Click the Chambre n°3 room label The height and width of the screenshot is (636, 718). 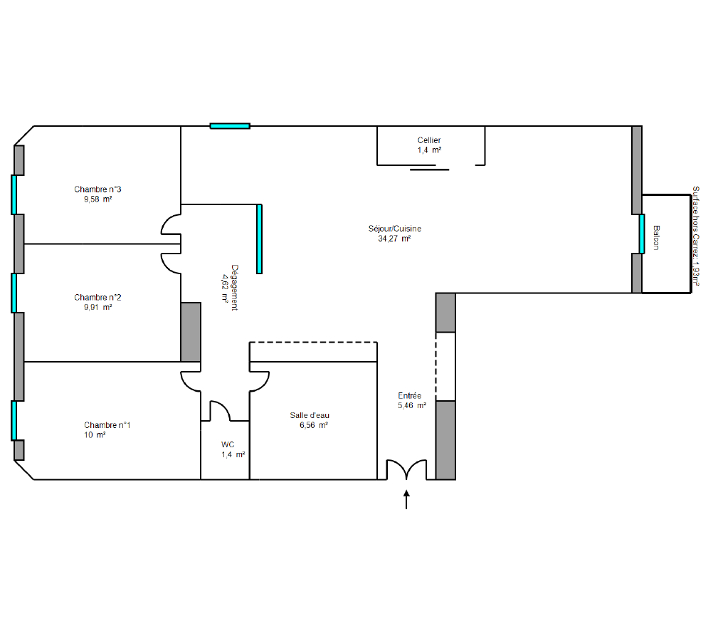pyautogui.click(x=97, y=189)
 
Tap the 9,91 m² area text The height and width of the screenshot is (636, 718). pyautogui.click(x=97, y=308)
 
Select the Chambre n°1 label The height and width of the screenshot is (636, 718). pyautogui.click(x=107, y=425)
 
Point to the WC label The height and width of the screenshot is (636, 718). pyautogui.click(x=228, y=444)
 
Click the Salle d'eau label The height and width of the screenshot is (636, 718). pyautogui.click(x=310, y=415)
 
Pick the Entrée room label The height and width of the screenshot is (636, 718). pyautogui.click(x=409, y=395)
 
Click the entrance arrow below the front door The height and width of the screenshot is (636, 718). pyautogui.click(x=406, y=499)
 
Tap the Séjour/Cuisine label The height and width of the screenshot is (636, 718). pyautogui.click(x=395, y=229)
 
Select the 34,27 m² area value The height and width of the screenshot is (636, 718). pyautogui.click(x=394, y=239)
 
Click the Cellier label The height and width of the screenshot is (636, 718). pyautogui.click(x=429, y=140)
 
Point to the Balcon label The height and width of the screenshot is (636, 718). pyautogui.click(x=656, y=237)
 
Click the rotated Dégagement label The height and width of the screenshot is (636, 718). pyautogui.click(x=234, y=287)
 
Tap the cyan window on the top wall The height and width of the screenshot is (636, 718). pyautogui.click(x=230, y=126)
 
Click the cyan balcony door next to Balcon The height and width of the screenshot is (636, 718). pyautogui.click(x=642, y=234)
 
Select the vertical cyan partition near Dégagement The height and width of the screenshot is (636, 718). pyautogui.click(x=259, y=239)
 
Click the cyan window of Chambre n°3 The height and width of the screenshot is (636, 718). pyautogui.click(x=14, y=194)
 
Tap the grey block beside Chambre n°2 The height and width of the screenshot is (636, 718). pyautogui.click(x=191, y=332)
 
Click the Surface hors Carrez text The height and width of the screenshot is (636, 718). pyautogui.click(x=695, y=236)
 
